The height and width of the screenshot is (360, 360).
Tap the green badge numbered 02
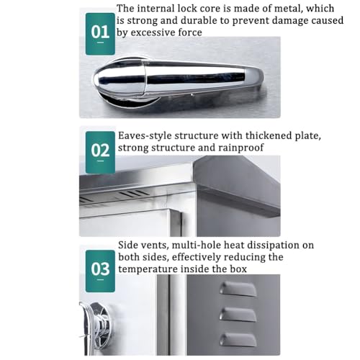click(101, 150)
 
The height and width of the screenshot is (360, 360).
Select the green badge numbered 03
click(101, 268)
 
